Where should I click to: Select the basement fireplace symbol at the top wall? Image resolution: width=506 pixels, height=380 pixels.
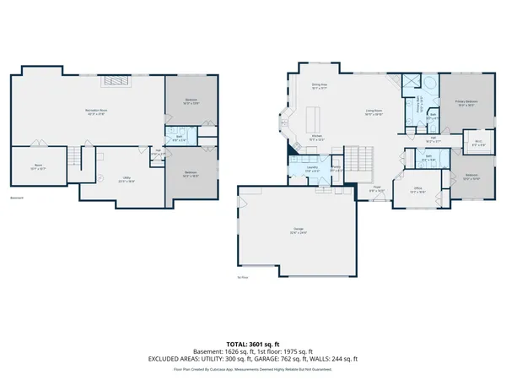click(x=116, y=81)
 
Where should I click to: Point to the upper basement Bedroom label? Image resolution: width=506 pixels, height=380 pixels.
click(x=191, y=101)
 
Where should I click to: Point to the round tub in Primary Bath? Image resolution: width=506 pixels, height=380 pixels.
click(x=430, y=84)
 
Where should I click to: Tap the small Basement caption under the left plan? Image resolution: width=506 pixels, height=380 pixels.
click(x=16, y=199)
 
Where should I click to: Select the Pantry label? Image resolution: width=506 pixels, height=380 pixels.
click(x=335, y=167)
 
